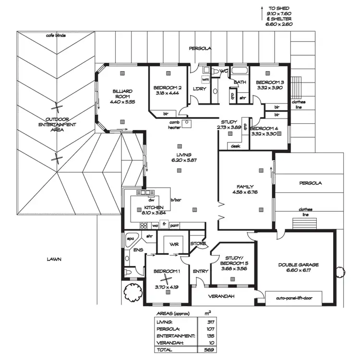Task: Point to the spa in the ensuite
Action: [x=130, y=239]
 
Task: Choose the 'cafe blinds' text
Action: [x=56, y=36]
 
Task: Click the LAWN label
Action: [x=54, y=259]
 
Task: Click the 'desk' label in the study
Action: [x=235, y=146]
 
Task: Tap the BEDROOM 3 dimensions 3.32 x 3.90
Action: [x=270, y=88]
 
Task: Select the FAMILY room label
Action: [x=245, y=187]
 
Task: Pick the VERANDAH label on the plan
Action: [x=222, y=296]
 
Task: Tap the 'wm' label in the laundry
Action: [x=205, y=79]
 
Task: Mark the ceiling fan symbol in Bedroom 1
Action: [x=166, y=279]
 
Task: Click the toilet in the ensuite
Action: [x=128, y=272]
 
